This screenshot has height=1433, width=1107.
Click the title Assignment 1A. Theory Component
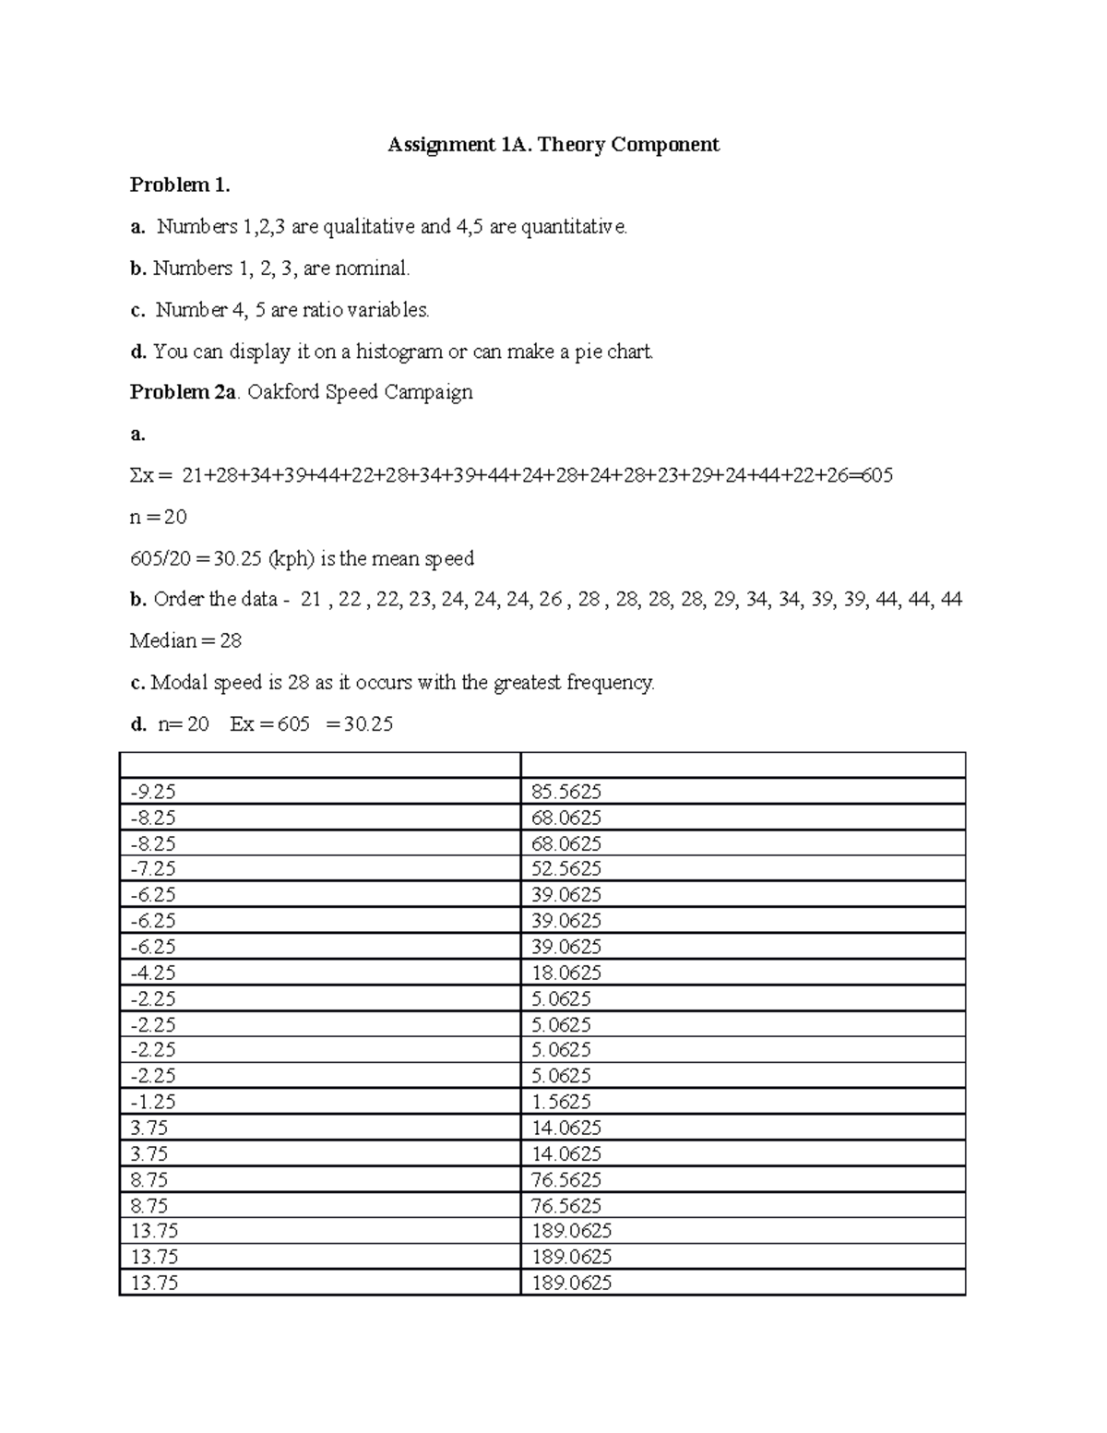pyautogui.click(x=553, y=144)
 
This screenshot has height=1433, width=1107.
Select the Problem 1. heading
pyautogui.click(x=179, y=185)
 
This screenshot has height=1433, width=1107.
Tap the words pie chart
pyautogui.click(x=614, y=352)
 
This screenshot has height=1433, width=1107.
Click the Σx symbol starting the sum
pyautogui.click(x=145, y=476)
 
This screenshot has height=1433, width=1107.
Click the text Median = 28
pyautogui.click(x=185, y=640)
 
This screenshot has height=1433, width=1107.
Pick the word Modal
pyautogui.click(x=179, y=683)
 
